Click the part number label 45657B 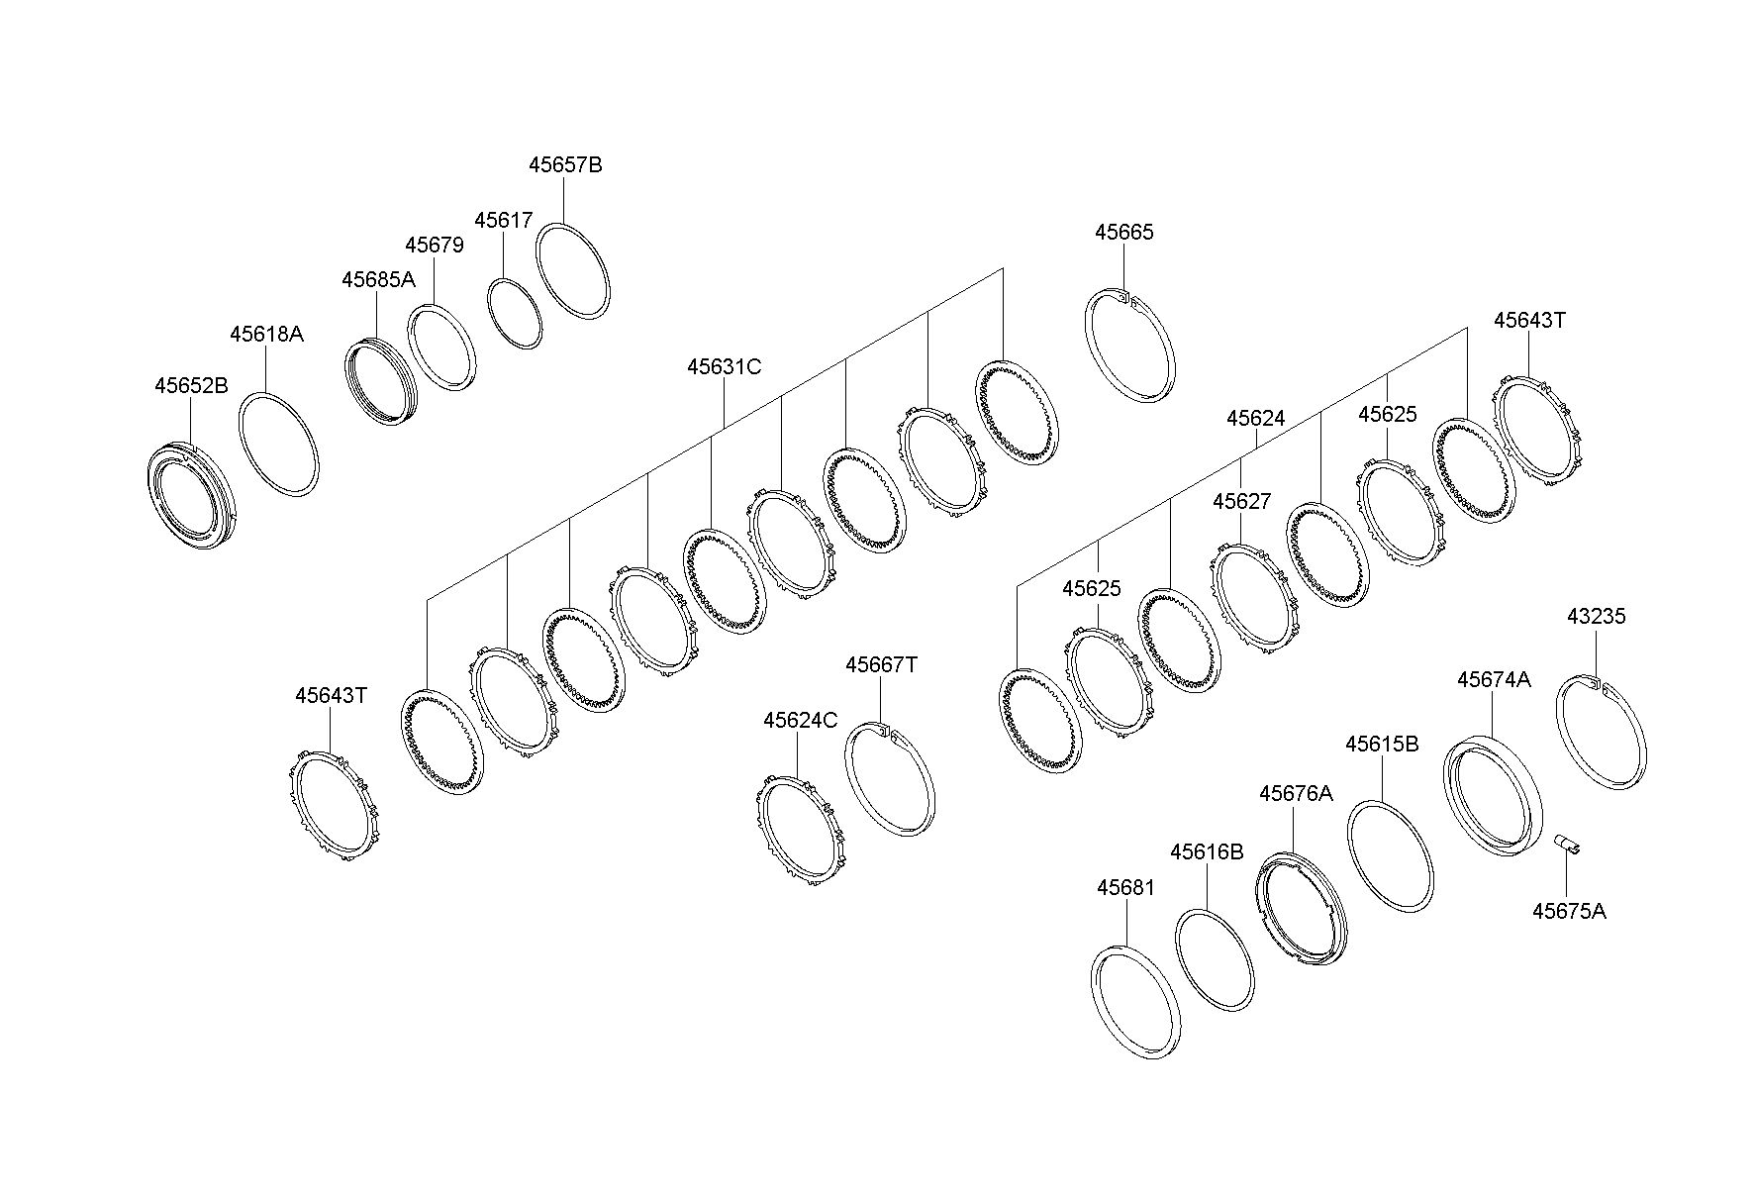pyautogui.click(x=565, y=165)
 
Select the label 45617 pyautogui.click(x=503, y=221)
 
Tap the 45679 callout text pyautogui.click(x=434, y=246)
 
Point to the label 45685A pyautogui.click(x=378, y=280)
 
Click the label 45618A pyautogui.click(x=266, y=335)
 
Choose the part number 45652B pyautogui.click(x=191, y=386)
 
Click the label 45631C pyautogui.click(x=725, y=367)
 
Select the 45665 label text pyautogui.click(x=1124, y=233)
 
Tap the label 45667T pyautogui.click(x=881, y=665)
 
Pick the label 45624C pyautogui.click(x=800, y=721)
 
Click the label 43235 pyautogui.click(x=1596, y=617)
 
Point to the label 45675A pyautogui.click(x=1569, y=912)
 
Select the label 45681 pyautogui.click(x=1125, y=888)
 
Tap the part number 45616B pyautogui.click(x=1207, y=852)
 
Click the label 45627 pyautogui.click(x=1241, y=502)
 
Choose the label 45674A pyautogui.click(x=1494, y=680)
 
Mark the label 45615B pyautogui.click(x=1382, y=745)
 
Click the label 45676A pyautogui.click(x=1296, y=794)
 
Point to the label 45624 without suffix pyautogui.click(x=1255, y=419)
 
